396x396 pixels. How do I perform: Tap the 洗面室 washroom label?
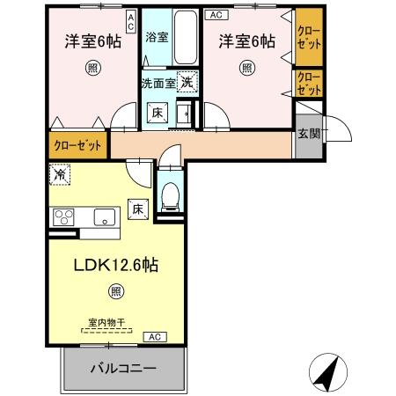pos(158,84)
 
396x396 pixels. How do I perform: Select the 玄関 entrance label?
pos(308,134)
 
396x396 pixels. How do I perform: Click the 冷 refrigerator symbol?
pos(58,175)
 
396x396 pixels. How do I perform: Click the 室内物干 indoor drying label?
pos(106,323)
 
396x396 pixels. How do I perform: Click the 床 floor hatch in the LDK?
pos(137,209)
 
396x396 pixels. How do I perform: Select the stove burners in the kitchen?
pos(64,216)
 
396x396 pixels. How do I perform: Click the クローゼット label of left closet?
pos(76,146)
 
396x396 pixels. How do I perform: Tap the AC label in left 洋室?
pos(130,21)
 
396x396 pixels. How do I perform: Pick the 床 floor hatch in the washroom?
pos(156,113)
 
